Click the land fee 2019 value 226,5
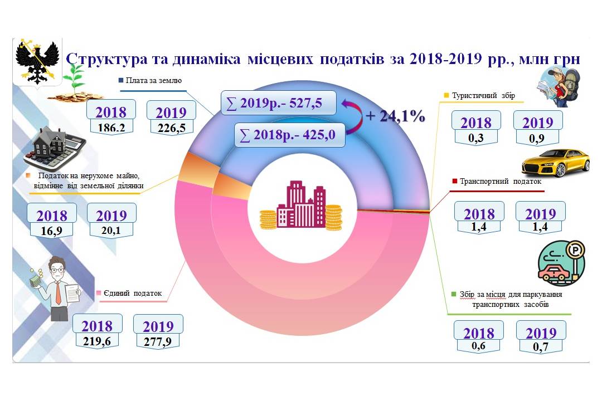click(171, 128)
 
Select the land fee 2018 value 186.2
click(111, 128)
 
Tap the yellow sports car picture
click(555, 162)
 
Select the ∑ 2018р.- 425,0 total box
click(290, 135)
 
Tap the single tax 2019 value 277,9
click(158, 341)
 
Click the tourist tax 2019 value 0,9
click(537, 137)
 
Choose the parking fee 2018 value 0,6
click(478, 346)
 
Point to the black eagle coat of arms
click(37, 61)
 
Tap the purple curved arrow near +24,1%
click(353, 115)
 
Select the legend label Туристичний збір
click(483, 95)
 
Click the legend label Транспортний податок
click(497, 181)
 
